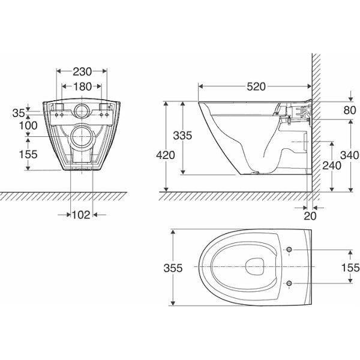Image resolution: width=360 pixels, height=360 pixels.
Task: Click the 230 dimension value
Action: point(82,70)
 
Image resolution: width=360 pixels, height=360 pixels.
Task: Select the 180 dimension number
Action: point(82,86)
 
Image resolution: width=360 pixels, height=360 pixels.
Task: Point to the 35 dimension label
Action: point(19,112)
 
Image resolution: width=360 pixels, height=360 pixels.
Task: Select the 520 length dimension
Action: point(256,86)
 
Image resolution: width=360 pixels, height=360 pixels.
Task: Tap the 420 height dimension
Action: point(166,155)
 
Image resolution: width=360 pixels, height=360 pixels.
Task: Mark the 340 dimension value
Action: point(349,155)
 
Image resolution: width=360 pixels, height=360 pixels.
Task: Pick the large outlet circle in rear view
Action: point(81,137)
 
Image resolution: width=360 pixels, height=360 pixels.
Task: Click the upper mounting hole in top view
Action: point(290,250)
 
